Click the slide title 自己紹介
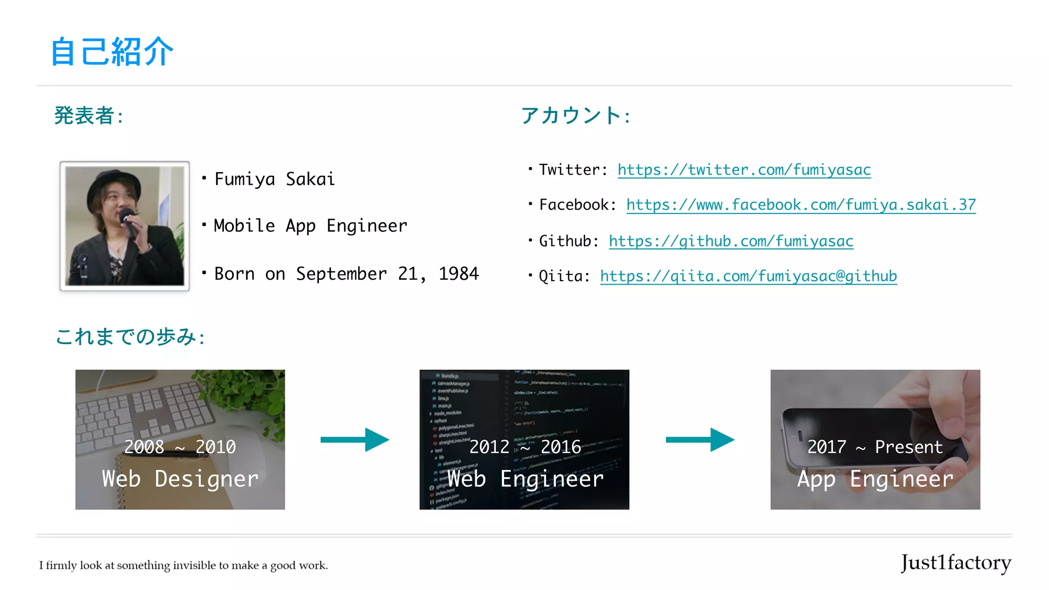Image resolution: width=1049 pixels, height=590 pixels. [x=112, y=52]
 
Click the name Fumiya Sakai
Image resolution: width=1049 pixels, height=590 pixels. [x=275, y=179]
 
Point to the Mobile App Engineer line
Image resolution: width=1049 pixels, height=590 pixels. [x=310, y=226]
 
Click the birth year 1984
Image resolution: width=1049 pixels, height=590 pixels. [x=458, y=274]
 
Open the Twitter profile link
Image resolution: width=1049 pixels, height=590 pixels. [x=744, y=170]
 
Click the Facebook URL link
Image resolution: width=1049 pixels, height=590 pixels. [x=801, y=205]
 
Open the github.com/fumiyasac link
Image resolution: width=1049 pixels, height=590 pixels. [x=731, y=241]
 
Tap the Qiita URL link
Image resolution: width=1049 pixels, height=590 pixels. [x=748, y=277]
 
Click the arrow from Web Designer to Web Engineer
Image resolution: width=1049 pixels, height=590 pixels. [x=354, y=439]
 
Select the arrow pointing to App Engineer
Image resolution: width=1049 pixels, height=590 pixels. [x=700, y=439]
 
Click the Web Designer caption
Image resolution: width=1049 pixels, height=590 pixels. [x=180, y=479]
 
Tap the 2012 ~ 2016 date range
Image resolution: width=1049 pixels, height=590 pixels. [x=525, y=447]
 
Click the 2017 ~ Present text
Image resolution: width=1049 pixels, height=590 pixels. [x=875, y=447]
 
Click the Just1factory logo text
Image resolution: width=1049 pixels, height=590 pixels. [x=956, y=563]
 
